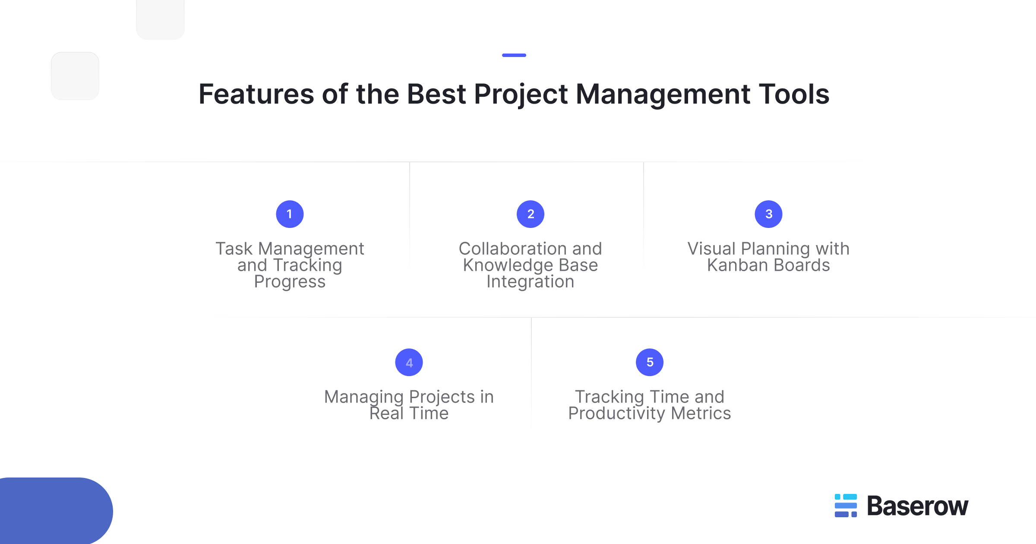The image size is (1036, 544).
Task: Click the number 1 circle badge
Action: click(x=290, y=214)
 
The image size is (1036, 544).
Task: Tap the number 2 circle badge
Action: click(x=531, y=214)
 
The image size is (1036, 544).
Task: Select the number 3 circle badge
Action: click(x=768, y=214)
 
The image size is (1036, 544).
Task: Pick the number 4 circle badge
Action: click(x=409, y=362)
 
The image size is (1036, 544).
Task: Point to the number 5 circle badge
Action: click(x=650, y=362)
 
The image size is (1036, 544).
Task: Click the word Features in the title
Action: click(x=256, y=94)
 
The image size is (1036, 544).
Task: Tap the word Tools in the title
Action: click(x=794, y=94)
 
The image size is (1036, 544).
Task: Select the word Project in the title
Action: click(x=521, y=94)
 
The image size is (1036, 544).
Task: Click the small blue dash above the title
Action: click(x=514, y=55)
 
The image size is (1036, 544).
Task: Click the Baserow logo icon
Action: click(x=846, y=506)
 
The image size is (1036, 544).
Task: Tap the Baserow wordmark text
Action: click(x=917, y=506)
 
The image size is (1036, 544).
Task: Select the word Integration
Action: click(x=531, y=281)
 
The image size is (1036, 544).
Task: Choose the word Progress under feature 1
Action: click(x=290, y=281)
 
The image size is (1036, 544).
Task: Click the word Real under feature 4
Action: click(x=386, y=413)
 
